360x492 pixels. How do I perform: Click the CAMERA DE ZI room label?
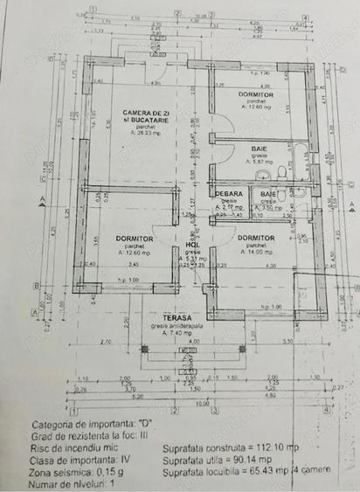point(145,113)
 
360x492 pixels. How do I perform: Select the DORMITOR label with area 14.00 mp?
point(257,238)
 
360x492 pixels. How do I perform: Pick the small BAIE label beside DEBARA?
point(267,193)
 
